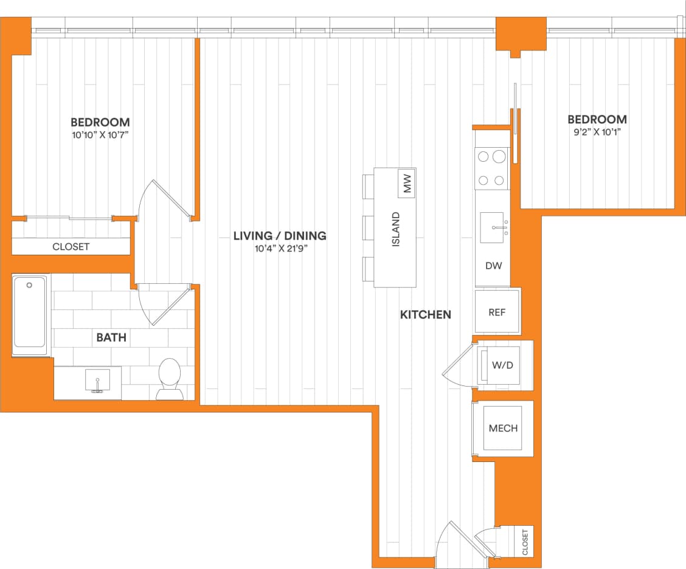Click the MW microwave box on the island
[x=407, y=184]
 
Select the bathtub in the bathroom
[x=30, y=314]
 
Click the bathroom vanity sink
[x=97, y=381]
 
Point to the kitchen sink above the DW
[x=492, y=227]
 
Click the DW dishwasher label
[x=493, y=266]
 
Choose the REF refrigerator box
[x=497, y=312]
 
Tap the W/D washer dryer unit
[x=504, y=366]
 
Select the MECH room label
[x=503, y=428]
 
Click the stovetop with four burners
[x=491, y=168]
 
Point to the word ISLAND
[x=396, y=229]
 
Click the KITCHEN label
[x=426, y=314]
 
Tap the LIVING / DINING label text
[x=280, y=236]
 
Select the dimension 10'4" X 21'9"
[x=280, y=249]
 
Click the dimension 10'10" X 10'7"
[x=100, y=134]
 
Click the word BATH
[x=111, y=337]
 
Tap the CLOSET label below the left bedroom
[x=71, y=247]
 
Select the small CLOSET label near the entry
[x=525, y=542]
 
